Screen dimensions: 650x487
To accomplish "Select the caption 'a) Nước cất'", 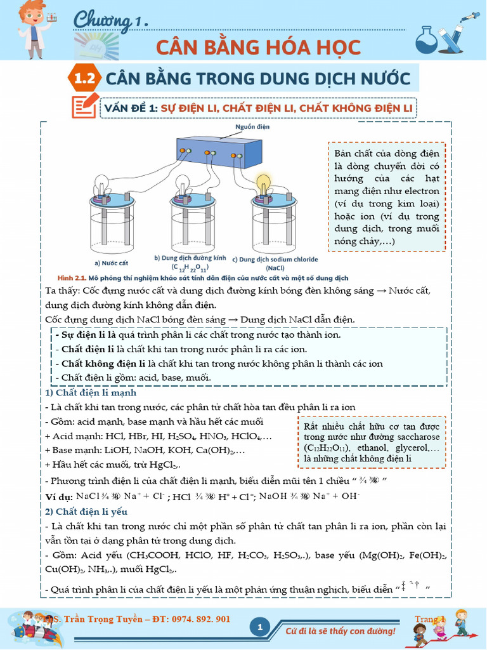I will click(x=110, y=262).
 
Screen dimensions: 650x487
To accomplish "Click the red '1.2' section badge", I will click(x=84, y=79).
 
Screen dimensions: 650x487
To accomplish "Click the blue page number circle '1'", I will click(x=260, y=628).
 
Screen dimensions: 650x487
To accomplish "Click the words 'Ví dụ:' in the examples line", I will click(x=59, y=497).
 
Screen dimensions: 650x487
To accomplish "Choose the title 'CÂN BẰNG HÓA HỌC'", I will click(x=258, y=47).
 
